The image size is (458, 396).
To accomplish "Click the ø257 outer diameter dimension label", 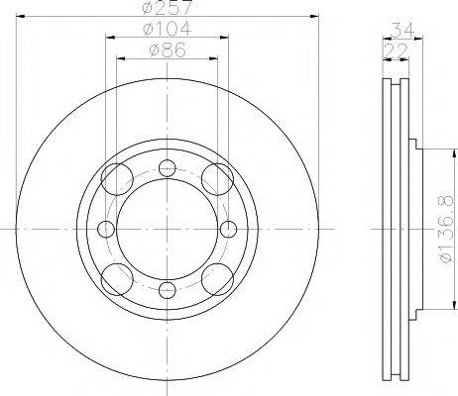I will [167, 9].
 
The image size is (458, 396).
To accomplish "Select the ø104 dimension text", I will [167, 29].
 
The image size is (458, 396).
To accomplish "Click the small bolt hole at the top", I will [167, 167].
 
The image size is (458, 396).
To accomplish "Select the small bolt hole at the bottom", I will [167, 290].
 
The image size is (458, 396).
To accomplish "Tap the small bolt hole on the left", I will [105, 229].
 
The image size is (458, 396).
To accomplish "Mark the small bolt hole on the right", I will [228, 229].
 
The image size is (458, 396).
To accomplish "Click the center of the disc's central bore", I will [167, 229].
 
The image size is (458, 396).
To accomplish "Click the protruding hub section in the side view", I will [417, 229].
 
